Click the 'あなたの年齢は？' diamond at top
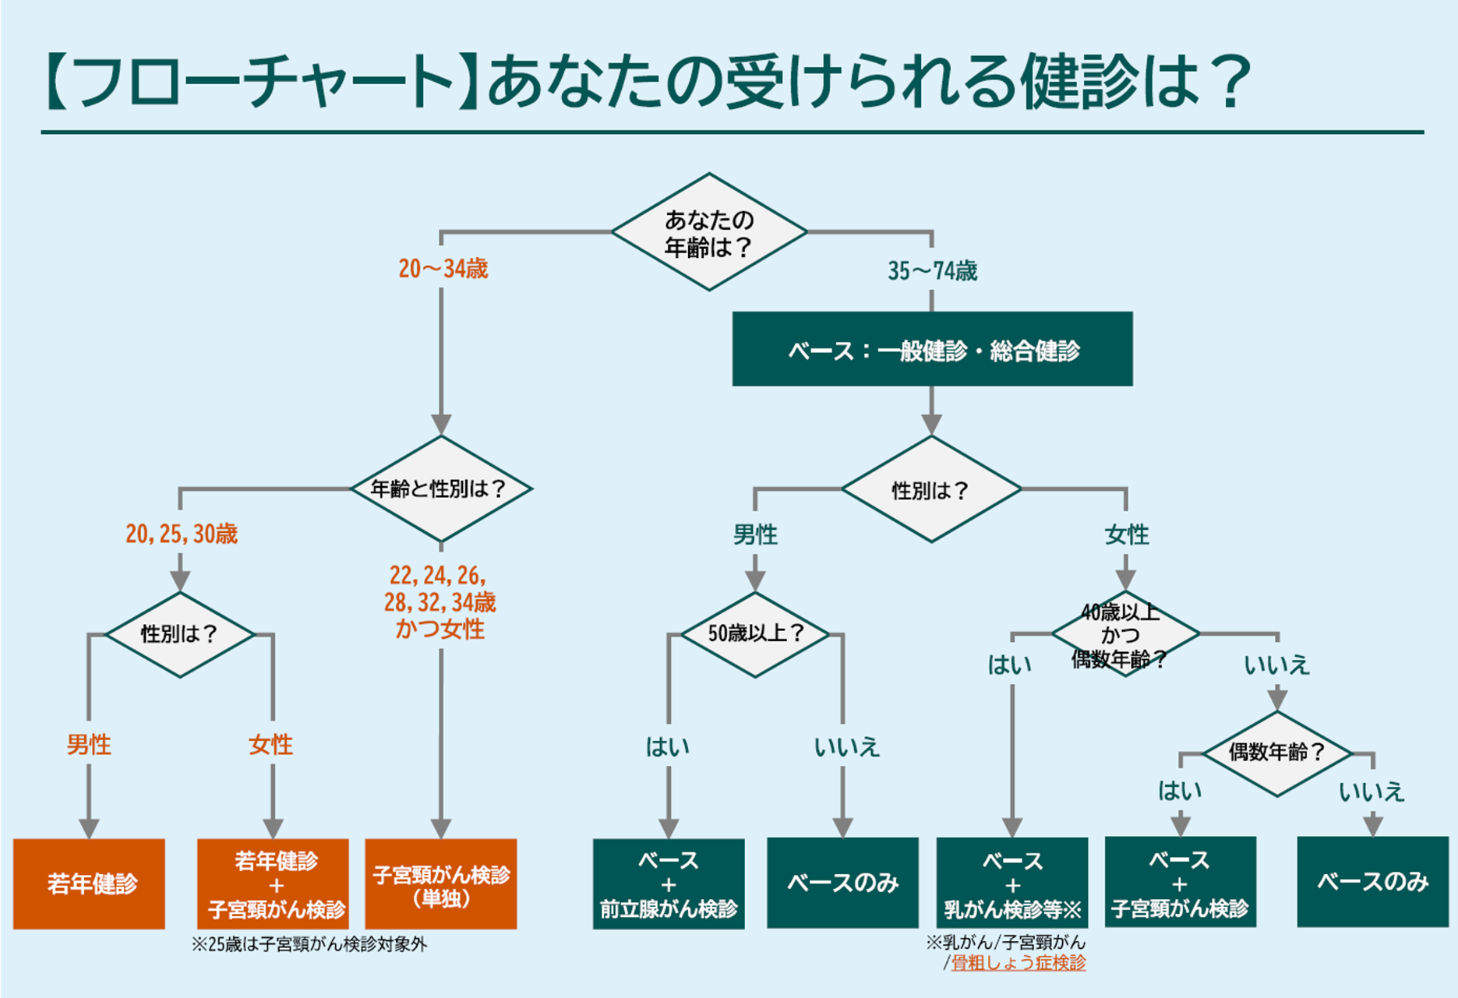[708, 232]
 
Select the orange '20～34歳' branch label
[443, 269]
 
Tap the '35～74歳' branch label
[932, 271]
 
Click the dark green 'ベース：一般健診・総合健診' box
[932, 349]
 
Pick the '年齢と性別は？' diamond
[441, 488]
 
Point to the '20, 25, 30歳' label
[182, 534]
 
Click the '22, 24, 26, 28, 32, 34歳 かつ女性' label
[440, 601]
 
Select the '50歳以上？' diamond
[755, 633]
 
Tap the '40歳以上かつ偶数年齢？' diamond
[1124, 634]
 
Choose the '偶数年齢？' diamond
[1277, 753]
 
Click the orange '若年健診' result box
[90, 883]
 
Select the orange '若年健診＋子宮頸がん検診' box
[274, 883]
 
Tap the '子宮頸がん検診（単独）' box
[441, 883]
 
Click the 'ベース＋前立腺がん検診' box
[669, 883]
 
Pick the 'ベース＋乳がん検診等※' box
[1012, 883]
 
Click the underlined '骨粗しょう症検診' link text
[1018, 963]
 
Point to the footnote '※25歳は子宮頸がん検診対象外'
[309, 945]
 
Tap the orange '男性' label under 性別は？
[89, 745]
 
